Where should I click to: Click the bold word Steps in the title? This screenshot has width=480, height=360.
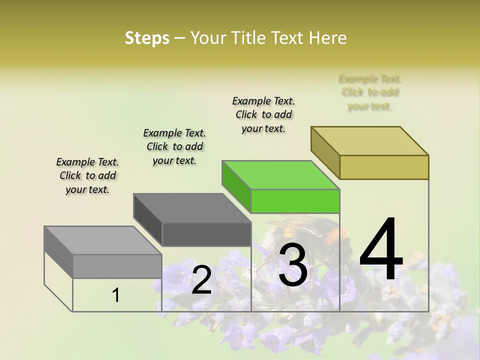pyautogui.click(x=147, y=38)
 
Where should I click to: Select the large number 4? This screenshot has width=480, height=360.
pyautogui.click(x=381, y=250)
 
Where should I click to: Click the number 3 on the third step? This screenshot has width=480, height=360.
pyautogui.click(x=292, y=265)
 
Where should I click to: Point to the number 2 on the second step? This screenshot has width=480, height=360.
pyautogui.click(x=201, y=280)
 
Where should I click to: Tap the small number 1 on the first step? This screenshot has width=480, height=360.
pyautogui.click(x=116, y=295)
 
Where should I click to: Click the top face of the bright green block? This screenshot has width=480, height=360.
pyautogui.click(x=280, y=175)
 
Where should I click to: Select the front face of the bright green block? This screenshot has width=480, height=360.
pyautogui.click(x=295, y=201)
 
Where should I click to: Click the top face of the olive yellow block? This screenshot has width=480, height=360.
pyautogui.click(x=370, y=140)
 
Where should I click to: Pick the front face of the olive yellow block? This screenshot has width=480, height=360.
pyautogui.click(x=384, y=167)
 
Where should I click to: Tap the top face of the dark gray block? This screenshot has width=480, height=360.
pyautogui.click(x=192, y=208)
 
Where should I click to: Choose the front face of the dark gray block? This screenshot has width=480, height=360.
pyautogui.click(x=206, y=234)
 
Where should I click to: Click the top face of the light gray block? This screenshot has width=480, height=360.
pyautogui.click(x=102, y=240)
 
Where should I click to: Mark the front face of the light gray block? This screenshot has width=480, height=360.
pyautogui.click(x=117, y=266)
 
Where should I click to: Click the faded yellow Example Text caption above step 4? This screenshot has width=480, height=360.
pyautogui.click(x=370, y=92)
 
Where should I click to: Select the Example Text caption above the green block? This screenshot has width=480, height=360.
pyautogui.click(x=263, y=114)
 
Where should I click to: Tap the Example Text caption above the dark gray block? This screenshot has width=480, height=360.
pyautogui.click(x=174, y=146)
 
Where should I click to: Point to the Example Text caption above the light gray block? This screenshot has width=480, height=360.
pyautogui.click(x=87, y=175)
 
